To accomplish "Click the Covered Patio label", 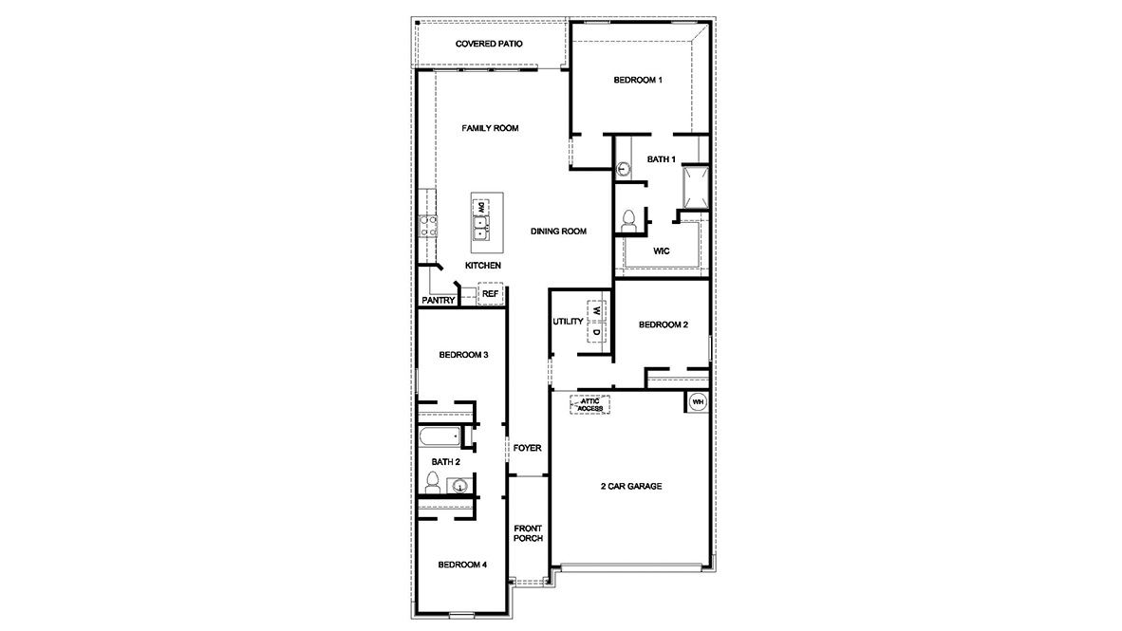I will (489, 44).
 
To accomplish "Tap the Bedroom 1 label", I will (637, 80).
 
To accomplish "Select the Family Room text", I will (490, 128).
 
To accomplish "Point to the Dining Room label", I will (558, 231).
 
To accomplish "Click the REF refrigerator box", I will (490, 294).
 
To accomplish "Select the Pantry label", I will (438, 301).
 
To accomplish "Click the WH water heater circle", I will (698, 401).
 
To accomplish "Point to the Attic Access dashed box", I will (589, 405).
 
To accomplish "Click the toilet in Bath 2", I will (433, 483).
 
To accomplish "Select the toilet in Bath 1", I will (627, 221).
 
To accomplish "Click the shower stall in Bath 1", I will (692, 186).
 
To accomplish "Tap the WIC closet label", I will (662, 251).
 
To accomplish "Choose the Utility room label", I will (568, 322).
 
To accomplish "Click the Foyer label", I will (527, 448).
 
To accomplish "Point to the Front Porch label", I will (528, 533).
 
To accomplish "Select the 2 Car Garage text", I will (631, 487).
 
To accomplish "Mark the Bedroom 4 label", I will (462, 565).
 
